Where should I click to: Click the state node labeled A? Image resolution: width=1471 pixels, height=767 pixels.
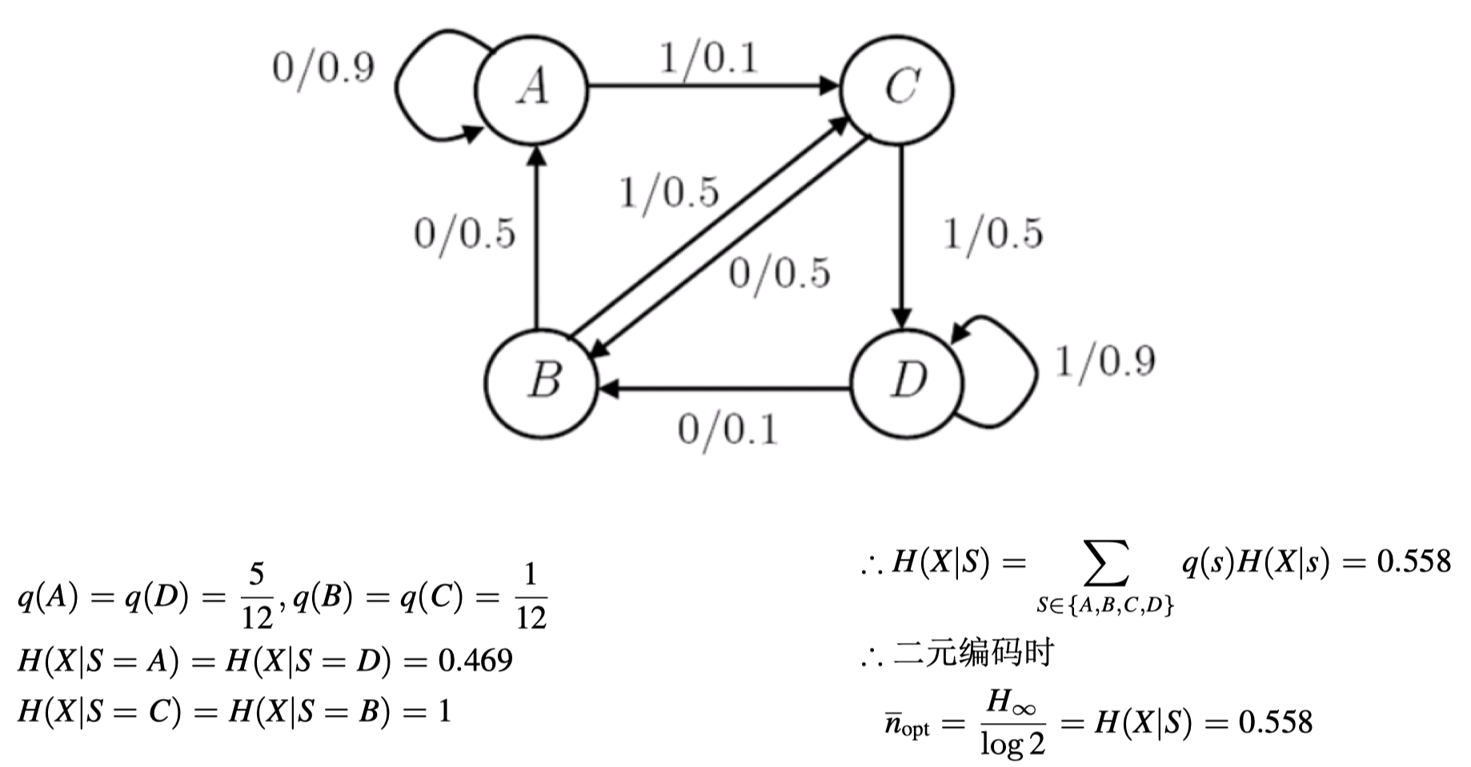click(x=532, y=87)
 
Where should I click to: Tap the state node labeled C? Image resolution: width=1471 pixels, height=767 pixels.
click(x=898, y=87)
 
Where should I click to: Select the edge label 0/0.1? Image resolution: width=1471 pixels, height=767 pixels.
click(x=727, y=430)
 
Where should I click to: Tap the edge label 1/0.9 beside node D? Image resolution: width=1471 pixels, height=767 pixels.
click(x=1105, y=361)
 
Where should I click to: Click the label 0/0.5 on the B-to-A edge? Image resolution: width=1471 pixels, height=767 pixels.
click(x=465, y=234)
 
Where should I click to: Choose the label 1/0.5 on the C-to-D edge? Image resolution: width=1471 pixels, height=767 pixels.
click(x=993, y=234)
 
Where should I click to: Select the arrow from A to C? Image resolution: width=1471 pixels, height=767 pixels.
click(x=712, y=86)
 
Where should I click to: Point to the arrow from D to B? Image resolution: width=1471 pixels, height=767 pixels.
click(x=724, y=390)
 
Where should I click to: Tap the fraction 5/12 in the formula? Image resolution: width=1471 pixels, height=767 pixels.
click(x=257, y=596)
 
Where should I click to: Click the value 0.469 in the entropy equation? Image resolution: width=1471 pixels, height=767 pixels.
click(x=475, y=661)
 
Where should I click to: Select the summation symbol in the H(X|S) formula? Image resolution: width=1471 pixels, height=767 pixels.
click(x=1105, y=564)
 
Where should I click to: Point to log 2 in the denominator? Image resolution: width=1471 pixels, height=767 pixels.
click(x=1012, y=744)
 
